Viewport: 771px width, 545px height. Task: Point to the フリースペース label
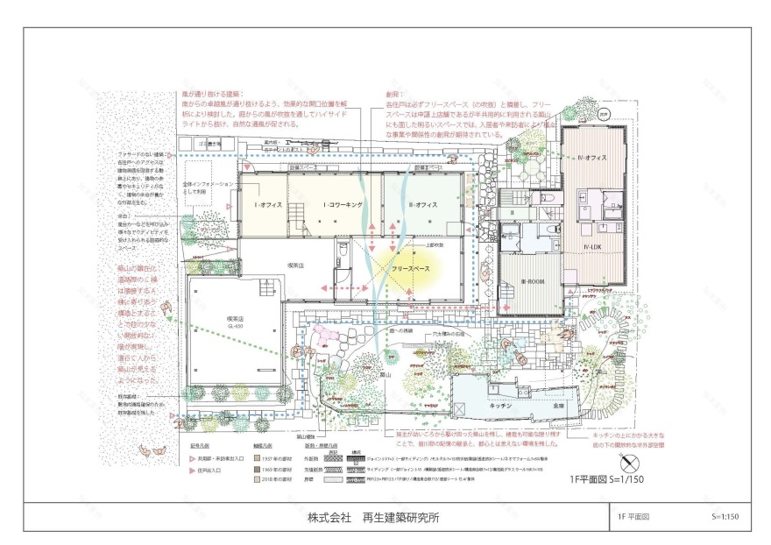click(x=409, y=265)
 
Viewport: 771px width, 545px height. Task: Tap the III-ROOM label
click(x=534, y=280)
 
